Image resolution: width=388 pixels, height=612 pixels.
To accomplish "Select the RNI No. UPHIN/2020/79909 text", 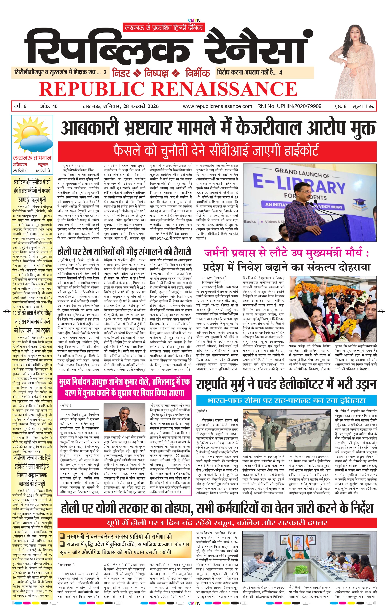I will (289, 106).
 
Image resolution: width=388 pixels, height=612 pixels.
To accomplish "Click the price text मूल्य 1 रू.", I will (363, 106).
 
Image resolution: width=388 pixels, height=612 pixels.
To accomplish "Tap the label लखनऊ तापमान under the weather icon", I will (32, 158).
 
